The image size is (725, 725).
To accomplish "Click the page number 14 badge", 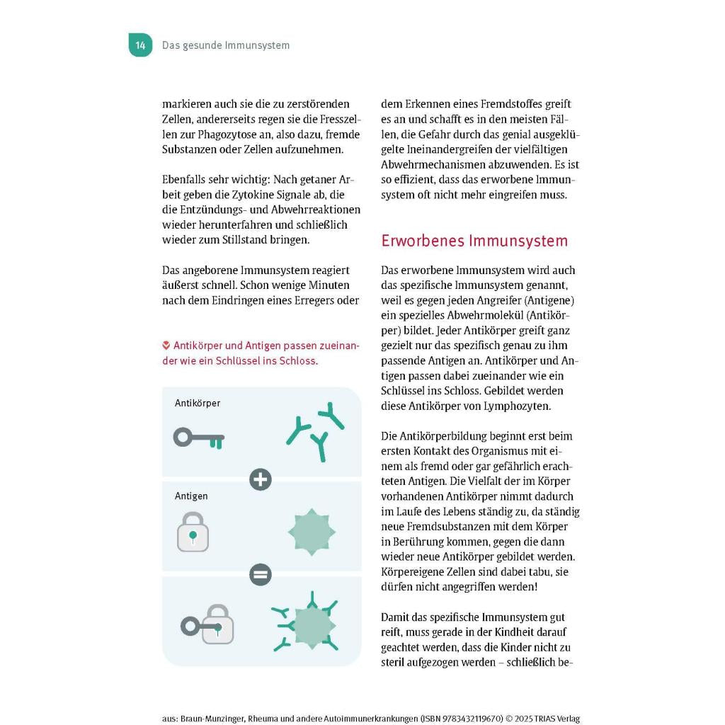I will pos(140,45).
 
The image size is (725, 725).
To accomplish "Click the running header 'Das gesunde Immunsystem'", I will pos(226,45).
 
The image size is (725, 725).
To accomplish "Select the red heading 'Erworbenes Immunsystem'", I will pos(474,241).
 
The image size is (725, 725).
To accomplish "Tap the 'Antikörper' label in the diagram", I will pos(198,403).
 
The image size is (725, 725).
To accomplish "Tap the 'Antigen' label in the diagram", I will pos(191,496).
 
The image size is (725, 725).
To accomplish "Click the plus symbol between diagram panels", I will pos(261,479).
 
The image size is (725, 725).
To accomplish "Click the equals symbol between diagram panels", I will pos(261,574).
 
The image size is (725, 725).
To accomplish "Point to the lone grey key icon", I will pos(199,438).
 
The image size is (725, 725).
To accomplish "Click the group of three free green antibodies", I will pos(316,430).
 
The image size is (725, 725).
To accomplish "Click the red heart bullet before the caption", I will pos(166,346).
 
